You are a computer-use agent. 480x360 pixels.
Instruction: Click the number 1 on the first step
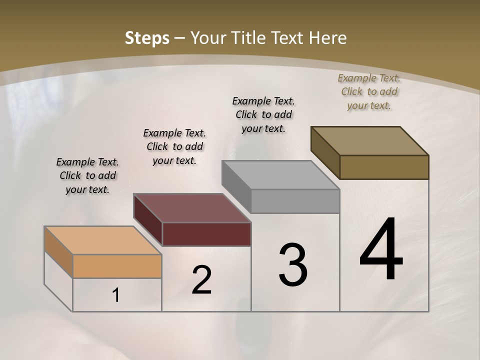tap(116, 295)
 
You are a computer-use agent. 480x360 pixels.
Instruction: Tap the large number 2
tap(201, 280)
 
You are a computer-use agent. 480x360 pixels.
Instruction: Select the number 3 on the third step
tap(293, 264)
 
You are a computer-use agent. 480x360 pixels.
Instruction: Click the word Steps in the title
tap(147, 38)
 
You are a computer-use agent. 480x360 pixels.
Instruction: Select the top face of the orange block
tap(102, 240)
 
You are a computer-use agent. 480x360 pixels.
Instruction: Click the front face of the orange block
tap(117, 266)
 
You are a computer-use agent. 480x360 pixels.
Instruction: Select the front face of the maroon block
tap(206, 234)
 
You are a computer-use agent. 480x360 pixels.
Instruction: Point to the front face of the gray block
tap(295, 201)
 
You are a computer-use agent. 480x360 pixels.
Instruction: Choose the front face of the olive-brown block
tap(384, 167)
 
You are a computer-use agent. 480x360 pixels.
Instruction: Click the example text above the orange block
tap(87, 175)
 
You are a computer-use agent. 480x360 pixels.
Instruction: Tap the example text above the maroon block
tap(174, 146)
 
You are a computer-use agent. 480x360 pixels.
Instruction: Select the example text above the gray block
tap(263, 114)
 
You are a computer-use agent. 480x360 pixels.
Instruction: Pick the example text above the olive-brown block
tap(369, 91)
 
